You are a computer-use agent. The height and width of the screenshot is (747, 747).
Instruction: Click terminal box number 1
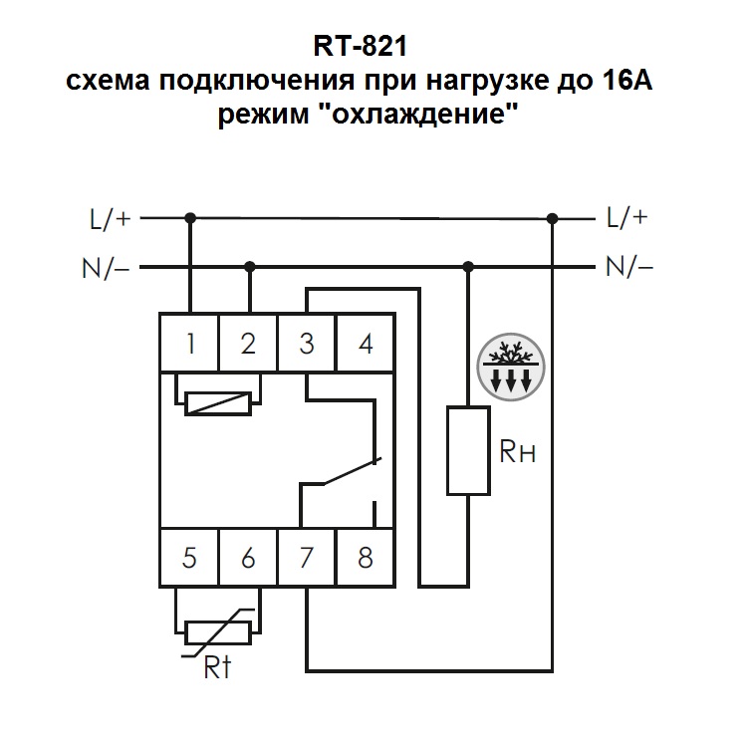click(189, 344)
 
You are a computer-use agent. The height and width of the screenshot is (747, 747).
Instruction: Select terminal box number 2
click(248, 344)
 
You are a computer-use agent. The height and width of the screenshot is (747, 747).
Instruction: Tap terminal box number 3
click(307, 344)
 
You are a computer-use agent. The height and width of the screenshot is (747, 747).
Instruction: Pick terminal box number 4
click(366, 344)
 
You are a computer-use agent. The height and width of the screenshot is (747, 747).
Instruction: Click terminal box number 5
click(189, 557)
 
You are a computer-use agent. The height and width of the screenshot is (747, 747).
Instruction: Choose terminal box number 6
click(248, 557)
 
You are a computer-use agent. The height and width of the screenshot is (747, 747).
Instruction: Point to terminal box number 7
click(307, 557)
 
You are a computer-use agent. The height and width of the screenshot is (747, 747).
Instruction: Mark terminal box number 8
click(366, 557)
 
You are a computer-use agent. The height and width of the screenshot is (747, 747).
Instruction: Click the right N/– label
click(627, 267)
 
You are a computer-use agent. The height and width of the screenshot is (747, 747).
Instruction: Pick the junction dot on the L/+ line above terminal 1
click(189, 216)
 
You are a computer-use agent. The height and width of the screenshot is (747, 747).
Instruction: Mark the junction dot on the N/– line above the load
click(468, 267)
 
